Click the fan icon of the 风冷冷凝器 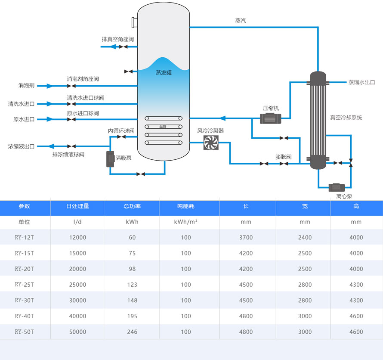(211, 142)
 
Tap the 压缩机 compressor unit (270, 118)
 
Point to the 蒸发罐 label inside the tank (164, 73)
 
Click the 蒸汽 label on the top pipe (241, 21)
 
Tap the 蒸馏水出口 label (361, 82)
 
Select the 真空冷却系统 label (346, 117)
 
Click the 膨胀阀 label (283, 157)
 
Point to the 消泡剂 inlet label (26, 86)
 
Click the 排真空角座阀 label (117, 39)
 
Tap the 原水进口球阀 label (83, 113)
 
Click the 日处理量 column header (77, 206)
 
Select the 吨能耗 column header (186, 206)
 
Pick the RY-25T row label (24, 285)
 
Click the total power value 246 (132, 332)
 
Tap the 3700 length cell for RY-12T (246, 238)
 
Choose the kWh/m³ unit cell (186, 222)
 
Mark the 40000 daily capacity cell (77, 316)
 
